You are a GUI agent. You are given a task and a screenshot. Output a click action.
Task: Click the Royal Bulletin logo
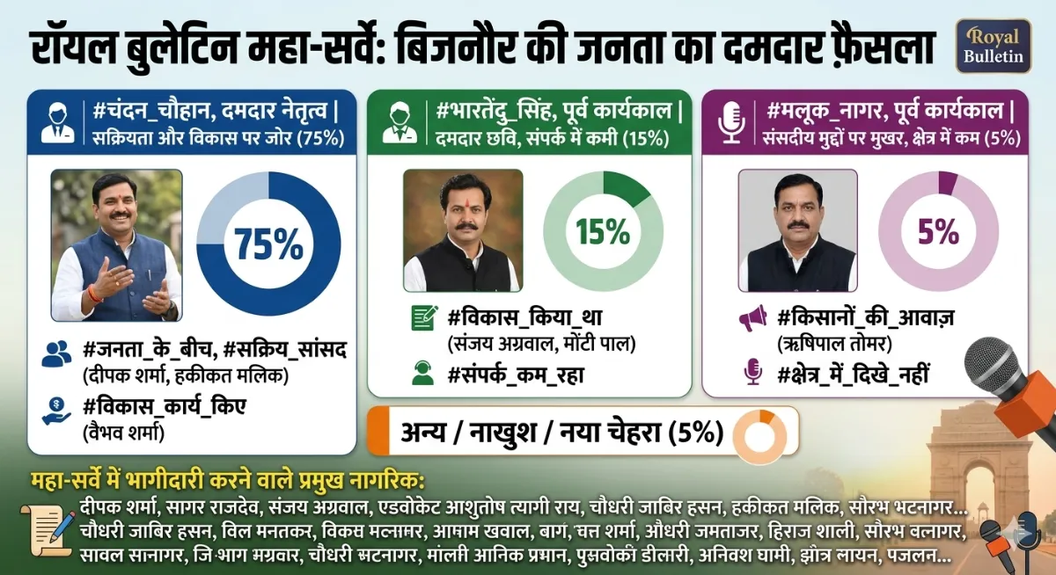coord(993,46)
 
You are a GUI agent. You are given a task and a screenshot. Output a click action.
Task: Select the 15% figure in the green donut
coord(603,231)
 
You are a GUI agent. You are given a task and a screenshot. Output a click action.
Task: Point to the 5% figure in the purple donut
coord(938,231)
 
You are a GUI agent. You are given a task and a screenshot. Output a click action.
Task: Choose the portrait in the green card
coord(462,230)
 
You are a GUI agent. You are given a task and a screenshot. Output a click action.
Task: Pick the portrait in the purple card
coord(796,230)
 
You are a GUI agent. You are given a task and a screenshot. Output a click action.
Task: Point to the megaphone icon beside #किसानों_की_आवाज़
coord(752,317)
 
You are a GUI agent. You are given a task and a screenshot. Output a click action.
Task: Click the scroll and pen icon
coord(53,530)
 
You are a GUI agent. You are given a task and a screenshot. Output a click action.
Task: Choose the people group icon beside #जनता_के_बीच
coord(56,353)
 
